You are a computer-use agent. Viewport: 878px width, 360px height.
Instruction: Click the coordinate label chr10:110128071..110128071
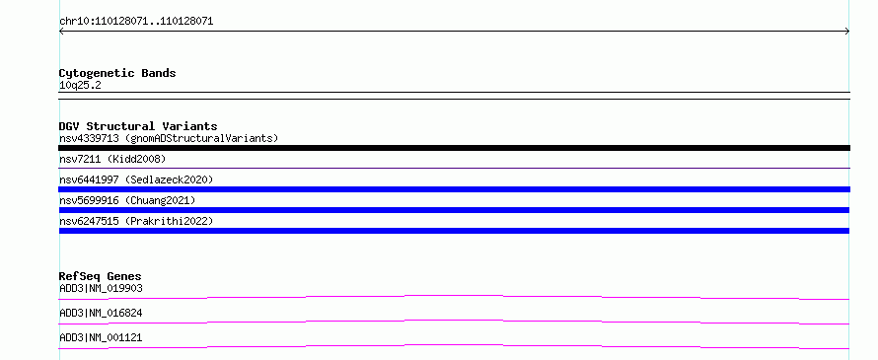[136, 22]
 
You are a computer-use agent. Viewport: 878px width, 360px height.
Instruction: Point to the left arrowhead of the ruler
[60, 32]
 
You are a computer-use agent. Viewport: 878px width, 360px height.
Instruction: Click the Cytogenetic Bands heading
[117, 73]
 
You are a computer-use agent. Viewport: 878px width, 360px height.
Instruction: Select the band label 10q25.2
[80, 86]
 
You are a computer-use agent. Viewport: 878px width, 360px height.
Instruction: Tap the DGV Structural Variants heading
[138, 126]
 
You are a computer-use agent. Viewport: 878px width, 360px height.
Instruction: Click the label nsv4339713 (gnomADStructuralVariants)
[169, 138]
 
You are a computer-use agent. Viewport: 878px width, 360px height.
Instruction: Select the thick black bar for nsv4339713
[454, 148]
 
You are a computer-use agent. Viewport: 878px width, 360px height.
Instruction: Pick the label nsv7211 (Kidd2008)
[112, 159]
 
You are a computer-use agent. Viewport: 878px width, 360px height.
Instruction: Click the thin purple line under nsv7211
[454, 168]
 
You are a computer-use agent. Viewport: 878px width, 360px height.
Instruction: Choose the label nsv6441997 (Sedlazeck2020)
[136, 180]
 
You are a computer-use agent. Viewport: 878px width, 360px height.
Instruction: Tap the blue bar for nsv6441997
[454, 189]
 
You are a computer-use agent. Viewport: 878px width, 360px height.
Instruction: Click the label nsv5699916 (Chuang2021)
[127, 200]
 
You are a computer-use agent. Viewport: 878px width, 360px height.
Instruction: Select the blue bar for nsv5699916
[454, 210]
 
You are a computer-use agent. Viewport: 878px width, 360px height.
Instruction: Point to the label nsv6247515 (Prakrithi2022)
[136, 221]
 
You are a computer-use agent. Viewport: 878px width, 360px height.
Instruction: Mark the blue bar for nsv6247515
[454, 231]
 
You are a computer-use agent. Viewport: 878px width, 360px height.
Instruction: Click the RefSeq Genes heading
[101, 276]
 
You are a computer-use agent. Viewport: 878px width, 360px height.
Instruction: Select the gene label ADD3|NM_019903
[101, 288]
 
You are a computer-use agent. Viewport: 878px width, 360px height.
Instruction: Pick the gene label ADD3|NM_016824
[101, 313]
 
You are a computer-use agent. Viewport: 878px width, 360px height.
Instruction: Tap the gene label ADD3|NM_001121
[101, 337]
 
